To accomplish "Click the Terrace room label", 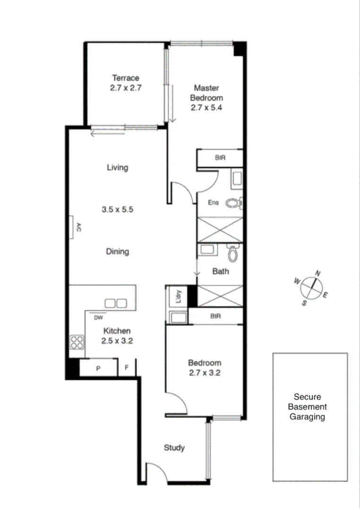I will click(x=126, y=78).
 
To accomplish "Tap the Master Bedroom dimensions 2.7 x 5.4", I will click(x=206, y=107).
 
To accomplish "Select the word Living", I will click(x=118, y=167).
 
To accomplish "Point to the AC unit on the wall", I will click(x=72, y=227).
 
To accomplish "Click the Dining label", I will click(x=118, y=251).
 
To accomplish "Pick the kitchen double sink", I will click(x=116, y=303).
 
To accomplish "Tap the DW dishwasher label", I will click(x=99, y=317).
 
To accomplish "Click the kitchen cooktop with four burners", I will click(x=77, y=342).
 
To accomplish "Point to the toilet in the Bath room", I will click(x=232, y=254).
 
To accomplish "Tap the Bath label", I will click(x=221, y=271).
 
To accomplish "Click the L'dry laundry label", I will click(x=179, y=297).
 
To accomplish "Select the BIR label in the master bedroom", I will click(x=220, y=158).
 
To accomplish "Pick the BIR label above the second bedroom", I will click(x=215, y=316).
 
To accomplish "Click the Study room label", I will click(x=174, y=448).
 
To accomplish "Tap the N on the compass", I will click(x=318, y=273).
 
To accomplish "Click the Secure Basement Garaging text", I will click(x=309, y=407).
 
